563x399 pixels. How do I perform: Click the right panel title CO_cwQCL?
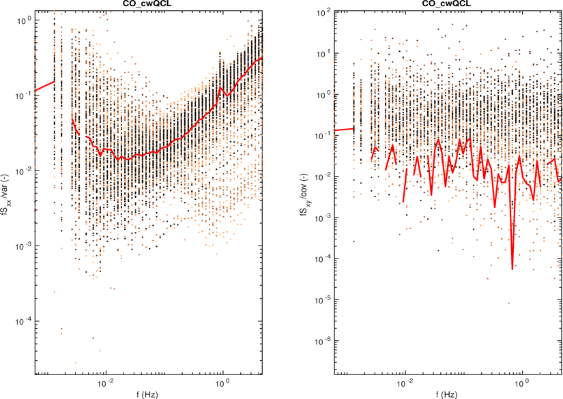tap(448, 4)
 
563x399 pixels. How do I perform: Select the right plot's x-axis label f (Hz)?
tap(448, 393)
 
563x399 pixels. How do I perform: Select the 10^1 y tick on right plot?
tap(323, 53)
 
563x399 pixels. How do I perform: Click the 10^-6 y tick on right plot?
tap(323, 340)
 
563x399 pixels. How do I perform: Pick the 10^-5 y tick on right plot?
tap(323, 299)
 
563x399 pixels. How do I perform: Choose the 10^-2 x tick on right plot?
tap(406, 383)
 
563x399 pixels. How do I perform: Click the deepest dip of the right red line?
tap(513, 269)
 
